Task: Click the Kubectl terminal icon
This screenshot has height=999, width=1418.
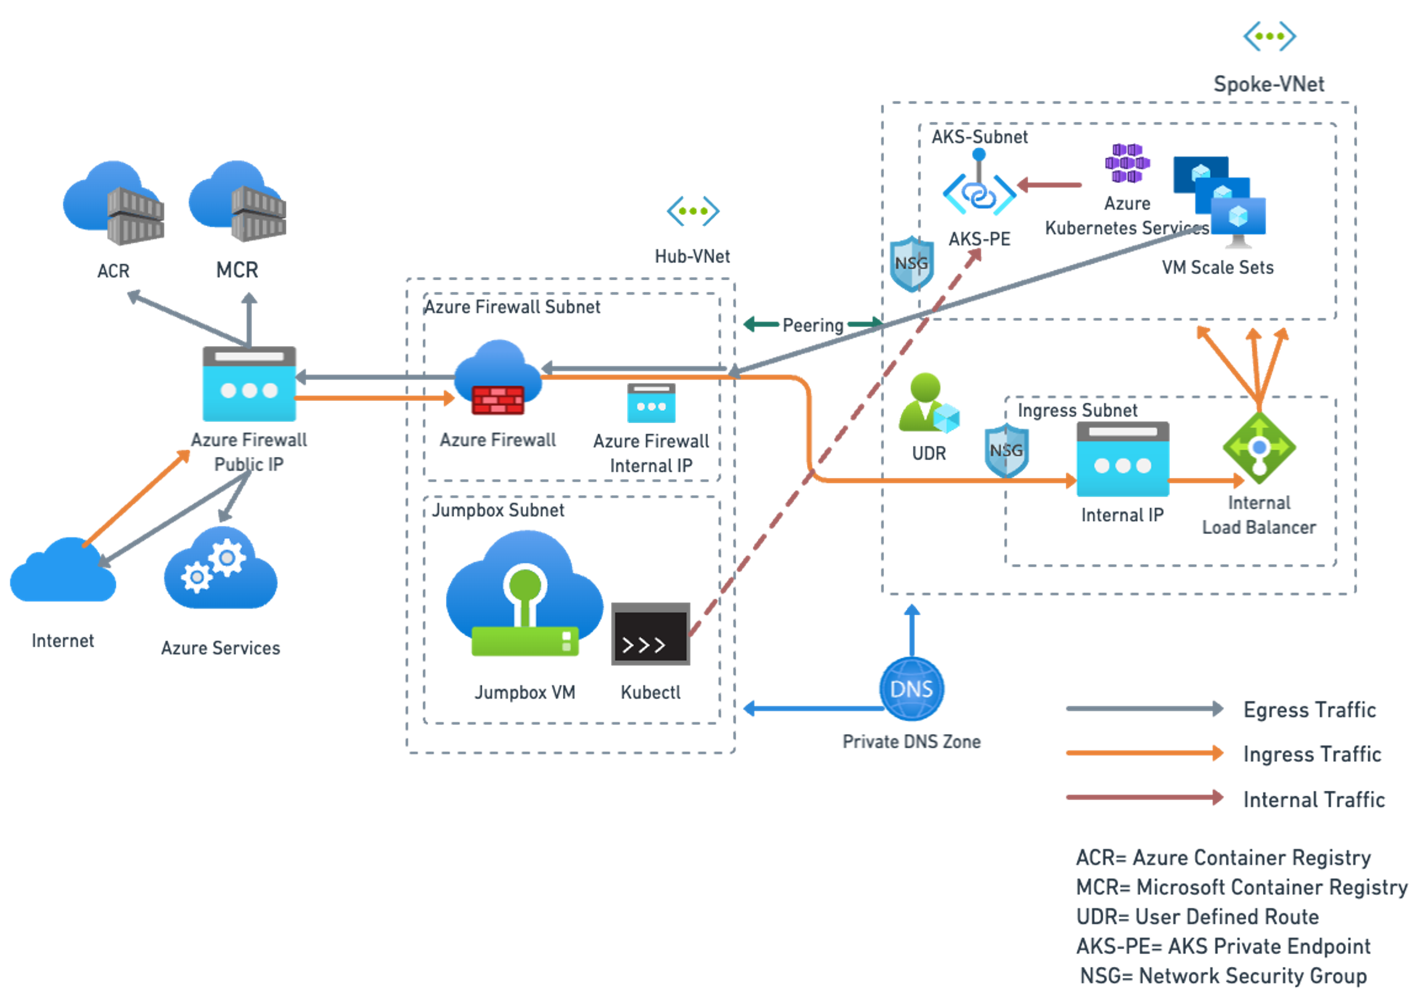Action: coord(650,634)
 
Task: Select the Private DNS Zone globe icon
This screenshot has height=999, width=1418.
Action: coord(912,689)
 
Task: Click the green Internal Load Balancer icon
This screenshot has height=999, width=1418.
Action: coord(1259,448)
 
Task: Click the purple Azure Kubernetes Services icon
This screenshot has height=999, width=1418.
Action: coord(1128,163)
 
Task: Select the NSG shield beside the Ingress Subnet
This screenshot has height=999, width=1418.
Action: coord(1006,450)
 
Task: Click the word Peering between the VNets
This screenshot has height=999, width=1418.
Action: coord(813,326)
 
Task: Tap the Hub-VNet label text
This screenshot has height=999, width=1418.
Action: coord(692,256)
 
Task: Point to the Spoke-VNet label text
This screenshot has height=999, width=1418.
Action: coord(1269,84)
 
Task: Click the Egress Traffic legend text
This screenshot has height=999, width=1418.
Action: coord(1310,710)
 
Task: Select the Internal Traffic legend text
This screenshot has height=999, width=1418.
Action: coord(1314,800)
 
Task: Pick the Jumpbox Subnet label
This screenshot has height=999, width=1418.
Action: coord(498,510)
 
